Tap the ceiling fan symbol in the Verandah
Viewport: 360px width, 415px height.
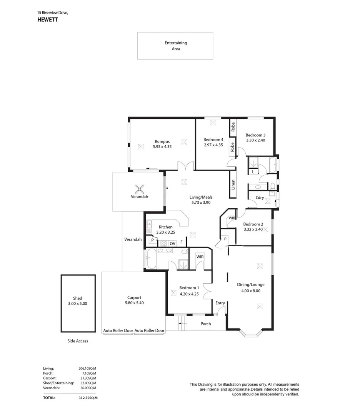click(x=140, y=189)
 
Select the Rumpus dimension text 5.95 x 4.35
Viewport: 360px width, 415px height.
click(x=162, y=147)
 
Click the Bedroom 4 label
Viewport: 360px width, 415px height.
click(x=213, y=139)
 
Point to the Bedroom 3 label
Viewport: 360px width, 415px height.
click(x=255, y=135)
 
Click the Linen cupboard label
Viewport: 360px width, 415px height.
click(x=233, y=185)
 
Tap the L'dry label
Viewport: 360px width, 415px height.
click(x=260, y=198)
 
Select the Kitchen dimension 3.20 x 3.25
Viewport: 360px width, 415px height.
click(x=165, y=232)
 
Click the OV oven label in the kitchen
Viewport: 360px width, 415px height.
click(x=173, y=243)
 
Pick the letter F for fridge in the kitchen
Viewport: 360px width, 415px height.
click(x=182, y=242)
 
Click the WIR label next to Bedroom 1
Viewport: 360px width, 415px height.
click(x=200, y=256)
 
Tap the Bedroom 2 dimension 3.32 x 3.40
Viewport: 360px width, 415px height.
click(x=253, y=229)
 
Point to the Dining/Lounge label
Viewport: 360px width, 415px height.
click(x=251, y=285)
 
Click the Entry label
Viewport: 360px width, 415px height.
click(x=220, y=303)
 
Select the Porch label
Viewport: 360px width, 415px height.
click(x=206, y=324)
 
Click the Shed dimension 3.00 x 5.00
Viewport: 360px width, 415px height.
click(x=78, y=303)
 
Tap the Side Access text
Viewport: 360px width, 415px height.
click(x=77, y=341)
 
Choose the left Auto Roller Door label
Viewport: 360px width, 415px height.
click(x=118, y=330)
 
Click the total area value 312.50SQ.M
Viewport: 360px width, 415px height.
click(x=85, y=398)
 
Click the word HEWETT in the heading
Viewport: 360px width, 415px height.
click(x=47, y=20)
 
